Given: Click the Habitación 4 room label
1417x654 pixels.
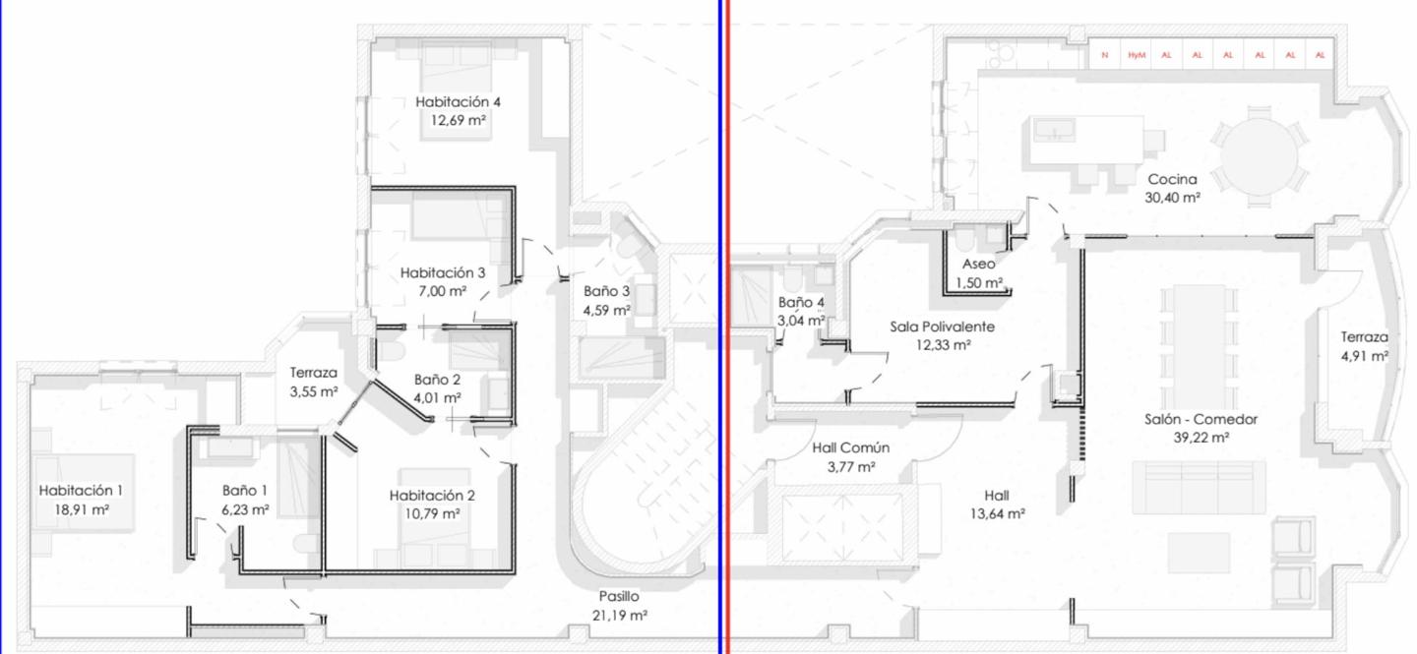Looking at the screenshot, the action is pyautogui.click(x=458, y=102).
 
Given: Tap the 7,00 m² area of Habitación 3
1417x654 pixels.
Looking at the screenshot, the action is pyautogui.click(x=442, y=291).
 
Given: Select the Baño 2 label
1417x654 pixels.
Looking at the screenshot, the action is pyautogui.click(x=437, y=380).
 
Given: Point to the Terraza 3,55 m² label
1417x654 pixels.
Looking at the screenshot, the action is pyautogui.click(x=314, y=382).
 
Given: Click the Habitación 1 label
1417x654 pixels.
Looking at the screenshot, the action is pyautogui.click(x=81, y=490).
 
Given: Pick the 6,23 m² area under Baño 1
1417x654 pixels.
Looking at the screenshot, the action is pyautogui.click(x=245, y=509).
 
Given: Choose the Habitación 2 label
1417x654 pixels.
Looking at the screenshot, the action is pyautogui.click(x=432, y=496).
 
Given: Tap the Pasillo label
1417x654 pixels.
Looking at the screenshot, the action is pyautogui.click(x=619, y=596).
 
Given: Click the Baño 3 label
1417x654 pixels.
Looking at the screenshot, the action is pyautogui.click(x=606, y=291).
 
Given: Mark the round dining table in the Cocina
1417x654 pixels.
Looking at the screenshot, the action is pyautogui.click(x=1260, y=156).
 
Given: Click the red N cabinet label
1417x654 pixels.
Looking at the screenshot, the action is pyautogui.click(x=1104, y=55).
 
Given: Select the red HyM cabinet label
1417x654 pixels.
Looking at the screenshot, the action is pyautogui.click(x=1137, y=55).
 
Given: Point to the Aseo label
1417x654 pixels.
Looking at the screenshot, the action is pyautogui.click(x=978, y=264).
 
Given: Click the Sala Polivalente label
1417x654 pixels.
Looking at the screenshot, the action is pyautogui.click(x=942, y=327).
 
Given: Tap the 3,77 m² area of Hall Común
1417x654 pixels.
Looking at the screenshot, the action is pyautogui.click(x=851, y=467).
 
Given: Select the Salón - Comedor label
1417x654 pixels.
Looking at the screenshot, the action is pyautogui.click(x=1201, y=419).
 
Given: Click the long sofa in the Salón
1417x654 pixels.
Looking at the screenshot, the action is pyautogui.click(x=1199, y=487).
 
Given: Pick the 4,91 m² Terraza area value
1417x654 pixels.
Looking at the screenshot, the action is pyautogui.click(x=1365, y=357).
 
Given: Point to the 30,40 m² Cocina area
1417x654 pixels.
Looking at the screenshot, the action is pyautogui.click(x=1172, y=198).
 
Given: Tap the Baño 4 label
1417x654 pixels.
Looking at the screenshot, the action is pyautogui.click(x=801, y=302).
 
